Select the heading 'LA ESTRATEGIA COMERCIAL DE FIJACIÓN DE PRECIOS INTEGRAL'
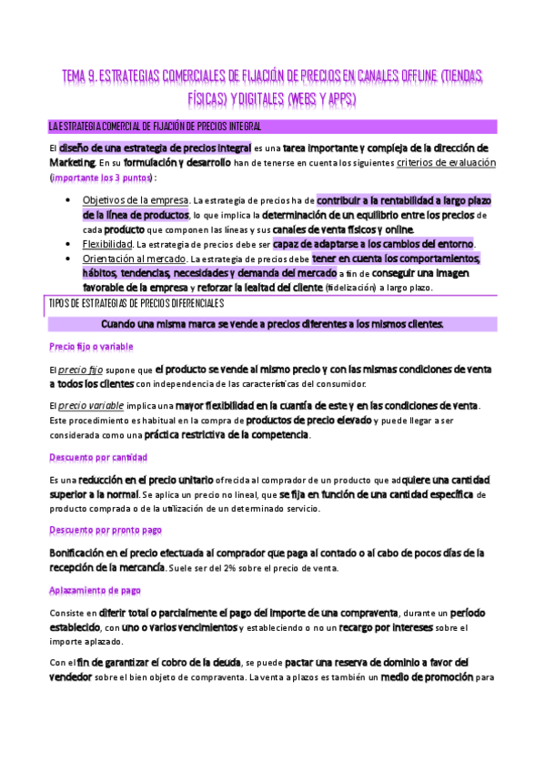[156, 126]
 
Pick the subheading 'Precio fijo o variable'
[91, 347]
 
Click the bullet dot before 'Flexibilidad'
[71, 245]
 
